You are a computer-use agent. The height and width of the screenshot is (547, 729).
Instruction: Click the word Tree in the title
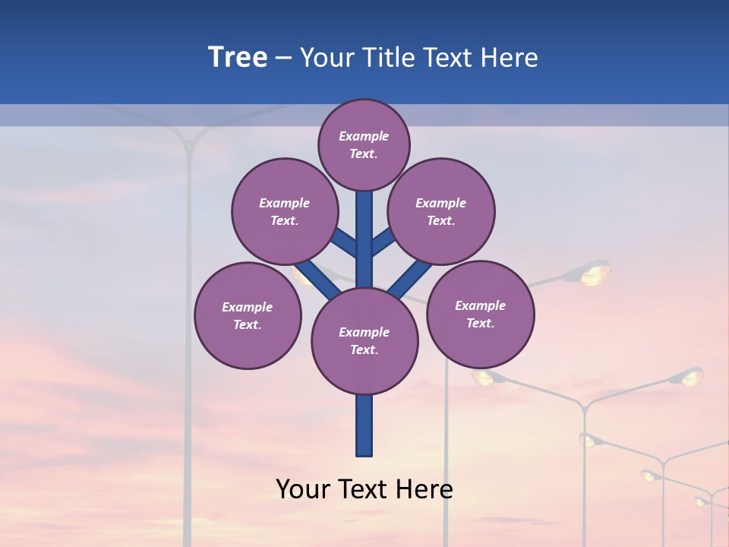238,57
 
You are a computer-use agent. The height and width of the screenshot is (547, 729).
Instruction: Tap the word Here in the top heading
508,57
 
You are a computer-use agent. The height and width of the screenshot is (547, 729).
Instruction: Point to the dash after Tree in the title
283,58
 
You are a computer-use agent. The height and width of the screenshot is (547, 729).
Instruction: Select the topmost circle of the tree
364,144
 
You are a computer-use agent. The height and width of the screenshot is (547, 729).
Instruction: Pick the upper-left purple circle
285,211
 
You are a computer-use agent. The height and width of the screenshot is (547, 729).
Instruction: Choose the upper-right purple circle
441,211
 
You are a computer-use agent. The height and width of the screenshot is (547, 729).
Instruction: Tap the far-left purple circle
248,315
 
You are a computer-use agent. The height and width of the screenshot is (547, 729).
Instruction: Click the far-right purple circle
481,314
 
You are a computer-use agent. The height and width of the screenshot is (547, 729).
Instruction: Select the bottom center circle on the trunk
364,341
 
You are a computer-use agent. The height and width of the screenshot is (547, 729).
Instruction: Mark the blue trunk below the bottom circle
364,425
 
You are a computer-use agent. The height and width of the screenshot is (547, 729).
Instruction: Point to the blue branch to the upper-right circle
383,242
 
